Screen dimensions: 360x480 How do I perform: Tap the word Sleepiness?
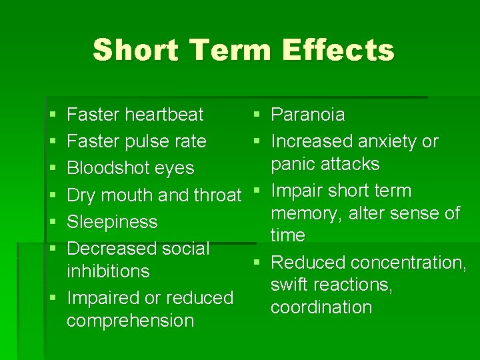tap(113, 222)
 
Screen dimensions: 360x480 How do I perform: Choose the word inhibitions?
tap(108, 271)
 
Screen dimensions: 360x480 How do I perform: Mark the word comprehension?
tap(130, 321)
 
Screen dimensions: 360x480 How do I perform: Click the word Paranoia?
tap(308, 115)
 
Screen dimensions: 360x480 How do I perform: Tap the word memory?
tap(304, 213)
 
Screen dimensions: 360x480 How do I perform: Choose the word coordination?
tap(321, 307)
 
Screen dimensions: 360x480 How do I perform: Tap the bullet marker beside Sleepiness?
tap(53, 222)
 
